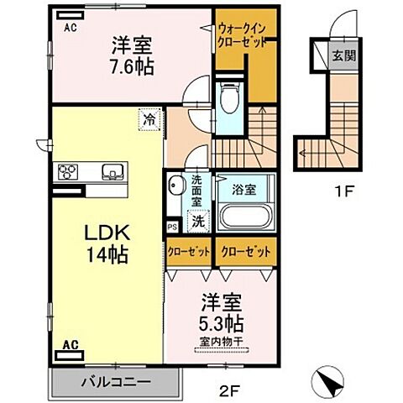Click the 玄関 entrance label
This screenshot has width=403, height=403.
point(343,56)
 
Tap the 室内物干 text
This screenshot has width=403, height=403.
point(222,341)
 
